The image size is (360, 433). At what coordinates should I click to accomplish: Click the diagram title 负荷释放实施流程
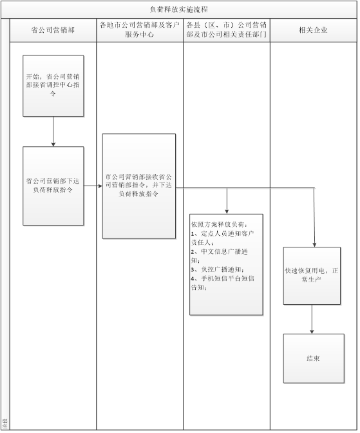click(x=179, y=10)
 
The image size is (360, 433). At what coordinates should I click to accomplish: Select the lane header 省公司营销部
click(x=53, y=30)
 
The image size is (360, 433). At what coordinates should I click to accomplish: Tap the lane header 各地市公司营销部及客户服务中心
click(x=140, y=30)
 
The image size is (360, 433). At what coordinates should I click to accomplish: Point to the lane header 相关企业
click(x=313, y=30)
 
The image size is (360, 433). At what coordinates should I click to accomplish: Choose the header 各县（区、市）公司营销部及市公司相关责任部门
click(x=227, y=30)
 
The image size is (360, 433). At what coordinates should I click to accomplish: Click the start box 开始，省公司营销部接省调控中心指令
click(x=53, y=86)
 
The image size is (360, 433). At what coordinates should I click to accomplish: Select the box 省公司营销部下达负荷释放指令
click(x=53, y=186)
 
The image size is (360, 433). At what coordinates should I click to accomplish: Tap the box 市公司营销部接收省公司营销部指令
click(x=139, y=186)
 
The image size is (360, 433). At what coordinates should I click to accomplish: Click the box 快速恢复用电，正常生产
click(x=312, y=276)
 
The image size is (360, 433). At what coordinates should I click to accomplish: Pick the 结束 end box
click(x=314, y=358)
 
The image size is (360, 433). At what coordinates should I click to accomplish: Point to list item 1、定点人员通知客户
click(x=222, y=234)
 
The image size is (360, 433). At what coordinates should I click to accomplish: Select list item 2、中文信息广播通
click(x=220, y=251)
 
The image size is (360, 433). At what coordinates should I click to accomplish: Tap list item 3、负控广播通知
click(x=218, y=269)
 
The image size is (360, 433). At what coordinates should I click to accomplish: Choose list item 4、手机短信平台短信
click(x=223, y=278)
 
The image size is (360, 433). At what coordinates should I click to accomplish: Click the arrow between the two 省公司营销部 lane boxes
click(x=53, y=131)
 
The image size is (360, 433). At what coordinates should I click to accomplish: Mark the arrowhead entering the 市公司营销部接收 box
click(x=100, y=186)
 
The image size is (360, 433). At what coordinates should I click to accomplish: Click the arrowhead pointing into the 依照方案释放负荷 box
click(x=227, y=212)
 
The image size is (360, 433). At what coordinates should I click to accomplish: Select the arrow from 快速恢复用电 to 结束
click(x=312, y=319)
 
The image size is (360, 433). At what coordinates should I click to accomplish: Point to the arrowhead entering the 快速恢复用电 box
click(x=314, y=245)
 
